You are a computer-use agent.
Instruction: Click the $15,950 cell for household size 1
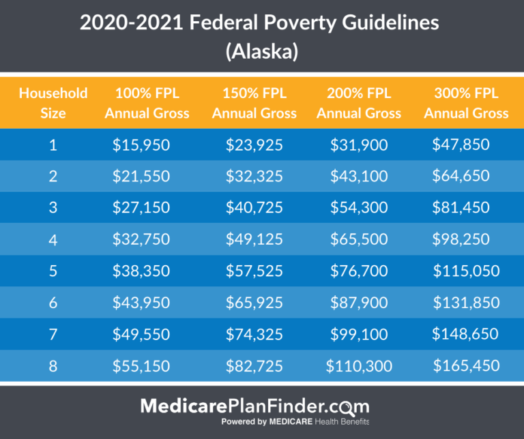tap(141, 144)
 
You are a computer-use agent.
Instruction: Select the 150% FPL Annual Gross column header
tap(254, 103)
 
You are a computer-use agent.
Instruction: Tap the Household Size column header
tap(53, 103)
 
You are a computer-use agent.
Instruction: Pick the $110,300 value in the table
tap(359, 366)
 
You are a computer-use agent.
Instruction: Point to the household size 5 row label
tap(53, 271)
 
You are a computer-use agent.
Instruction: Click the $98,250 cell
tap(461, 239)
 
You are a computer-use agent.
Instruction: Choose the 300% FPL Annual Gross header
tap(466, 103)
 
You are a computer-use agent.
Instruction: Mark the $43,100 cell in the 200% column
tap(359, 176)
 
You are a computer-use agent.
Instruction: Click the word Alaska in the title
tap(262, 52)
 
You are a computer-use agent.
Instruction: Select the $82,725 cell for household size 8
tap(254, 366)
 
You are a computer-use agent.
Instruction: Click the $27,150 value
tap(141, 207)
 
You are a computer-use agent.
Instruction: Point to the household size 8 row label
tap(53, 366)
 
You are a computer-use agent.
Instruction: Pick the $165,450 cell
tap(466, 366)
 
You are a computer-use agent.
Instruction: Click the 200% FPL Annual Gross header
tap(359, 103)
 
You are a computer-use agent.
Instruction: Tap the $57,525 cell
tap(254, 271)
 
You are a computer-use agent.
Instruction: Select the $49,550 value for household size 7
tap(141, 334)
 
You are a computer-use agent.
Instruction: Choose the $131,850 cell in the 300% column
tap(466, 303)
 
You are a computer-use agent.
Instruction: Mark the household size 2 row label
tap(53, 176)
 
